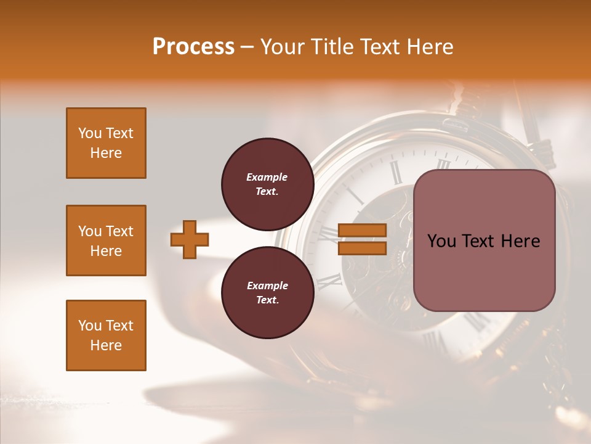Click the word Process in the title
[x=193, y=47]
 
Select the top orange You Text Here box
[x=106, y=143]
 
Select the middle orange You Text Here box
[x=106, y=240]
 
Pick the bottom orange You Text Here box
[x=106, y=335]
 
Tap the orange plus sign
[x=190, y=239]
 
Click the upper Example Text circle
[x=267, y=184]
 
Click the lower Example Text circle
[x=267, y=292]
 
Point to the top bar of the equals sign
[x=362, y=231]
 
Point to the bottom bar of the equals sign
[x=362, y=248]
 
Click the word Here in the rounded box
[x=520, y=241]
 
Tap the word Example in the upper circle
[x=267, y=177]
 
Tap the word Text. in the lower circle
[x=267, y=300]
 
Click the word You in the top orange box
[x=89, y=133]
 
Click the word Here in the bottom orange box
[x=106, y=345]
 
